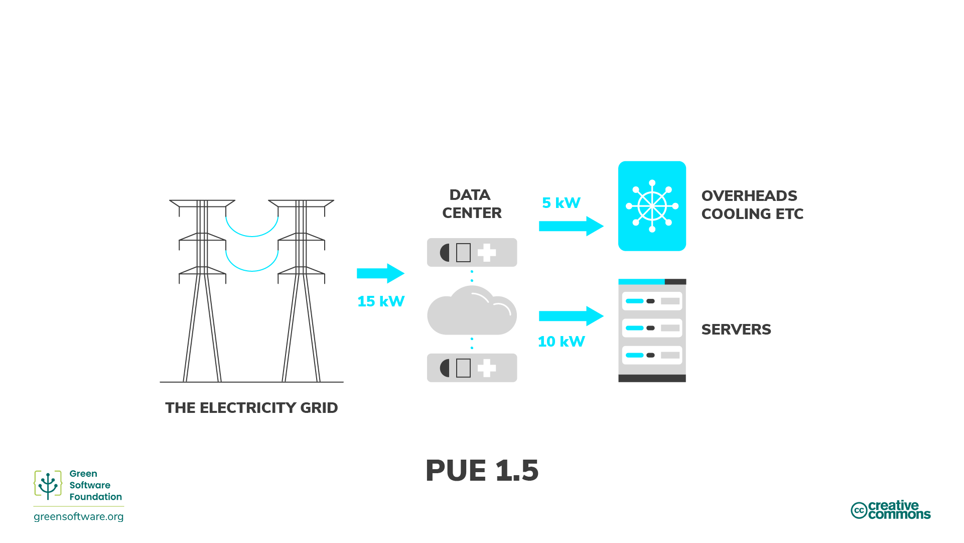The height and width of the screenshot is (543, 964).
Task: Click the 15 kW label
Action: (x=380, y=301)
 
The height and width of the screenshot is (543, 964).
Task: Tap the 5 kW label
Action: (x=561, y=203)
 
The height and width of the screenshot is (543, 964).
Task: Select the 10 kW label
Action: (x=561, y=342)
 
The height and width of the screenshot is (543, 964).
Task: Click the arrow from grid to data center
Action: (x=380, y=273)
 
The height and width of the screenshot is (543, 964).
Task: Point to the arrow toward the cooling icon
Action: (x=570, y=226)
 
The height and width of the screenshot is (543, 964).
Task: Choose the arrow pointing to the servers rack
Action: (x=570, y=316)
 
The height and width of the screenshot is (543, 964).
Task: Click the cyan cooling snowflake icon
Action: (x=651, y=206)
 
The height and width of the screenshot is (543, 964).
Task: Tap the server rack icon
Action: (x=651, y=330)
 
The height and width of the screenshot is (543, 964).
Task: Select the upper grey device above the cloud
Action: (x=471, y=252)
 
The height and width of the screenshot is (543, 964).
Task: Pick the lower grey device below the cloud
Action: (x=471, y=368)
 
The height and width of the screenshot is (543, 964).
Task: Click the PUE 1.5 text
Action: (x=481, y=471)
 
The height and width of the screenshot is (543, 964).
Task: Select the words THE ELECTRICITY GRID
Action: (x=251, y=408)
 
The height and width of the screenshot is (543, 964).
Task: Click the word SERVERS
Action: (x=736, y=330)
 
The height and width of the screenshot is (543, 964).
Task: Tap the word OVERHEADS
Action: (x=749, y=196)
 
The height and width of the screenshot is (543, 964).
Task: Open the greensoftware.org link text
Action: (x=78, y=516)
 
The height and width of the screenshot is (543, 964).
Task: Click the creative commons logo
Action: (x=890, y=510)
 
